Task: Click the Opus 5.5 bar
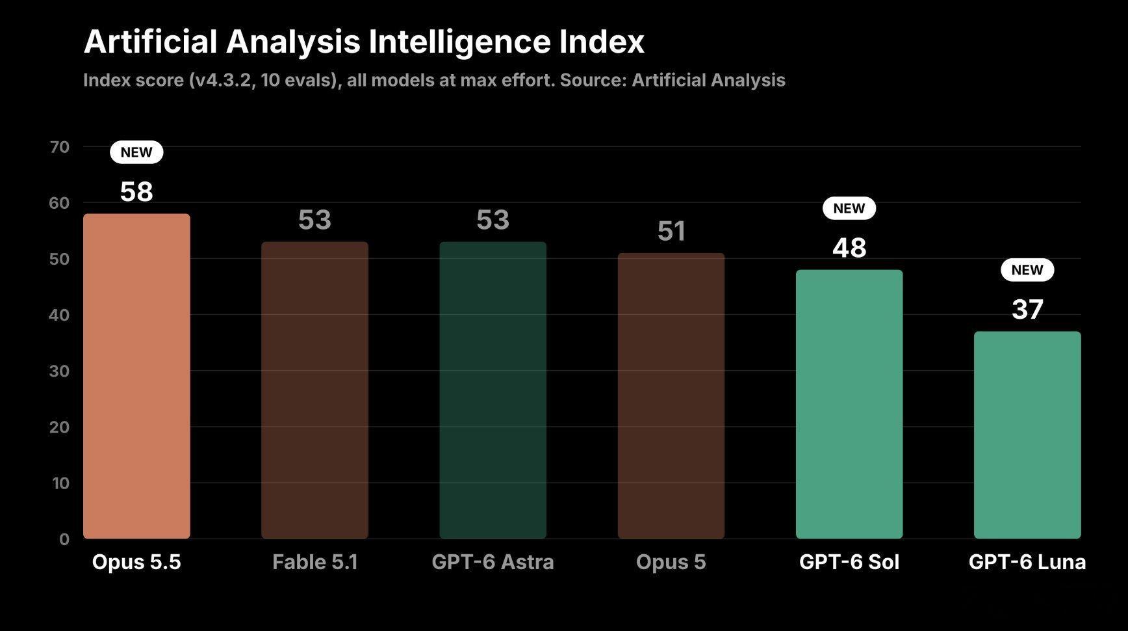136,376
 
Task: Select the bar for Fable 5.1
314,390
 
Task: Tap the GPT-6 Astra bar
493,390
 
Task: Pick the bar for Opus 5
671,396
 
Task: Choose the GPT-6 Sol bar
849,404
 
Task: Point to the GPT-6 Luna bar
1027,435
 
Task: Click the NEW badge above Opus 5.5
136,152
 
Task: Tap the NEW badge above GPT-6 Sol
849,208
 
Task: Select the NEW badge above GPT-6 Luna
1027,270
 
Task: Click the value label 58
136,192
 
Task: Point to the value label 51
671,232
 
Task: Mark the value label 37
1027,310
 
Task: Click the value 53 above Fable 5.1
314,220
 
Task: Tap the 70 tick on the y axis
59,147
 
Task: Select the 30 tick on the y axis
59,371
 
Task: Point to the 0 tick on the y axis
64,539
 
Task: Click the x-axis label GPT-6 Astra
493,562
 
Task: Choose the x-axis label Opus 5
671,562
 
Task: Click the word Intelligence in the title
451,42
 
